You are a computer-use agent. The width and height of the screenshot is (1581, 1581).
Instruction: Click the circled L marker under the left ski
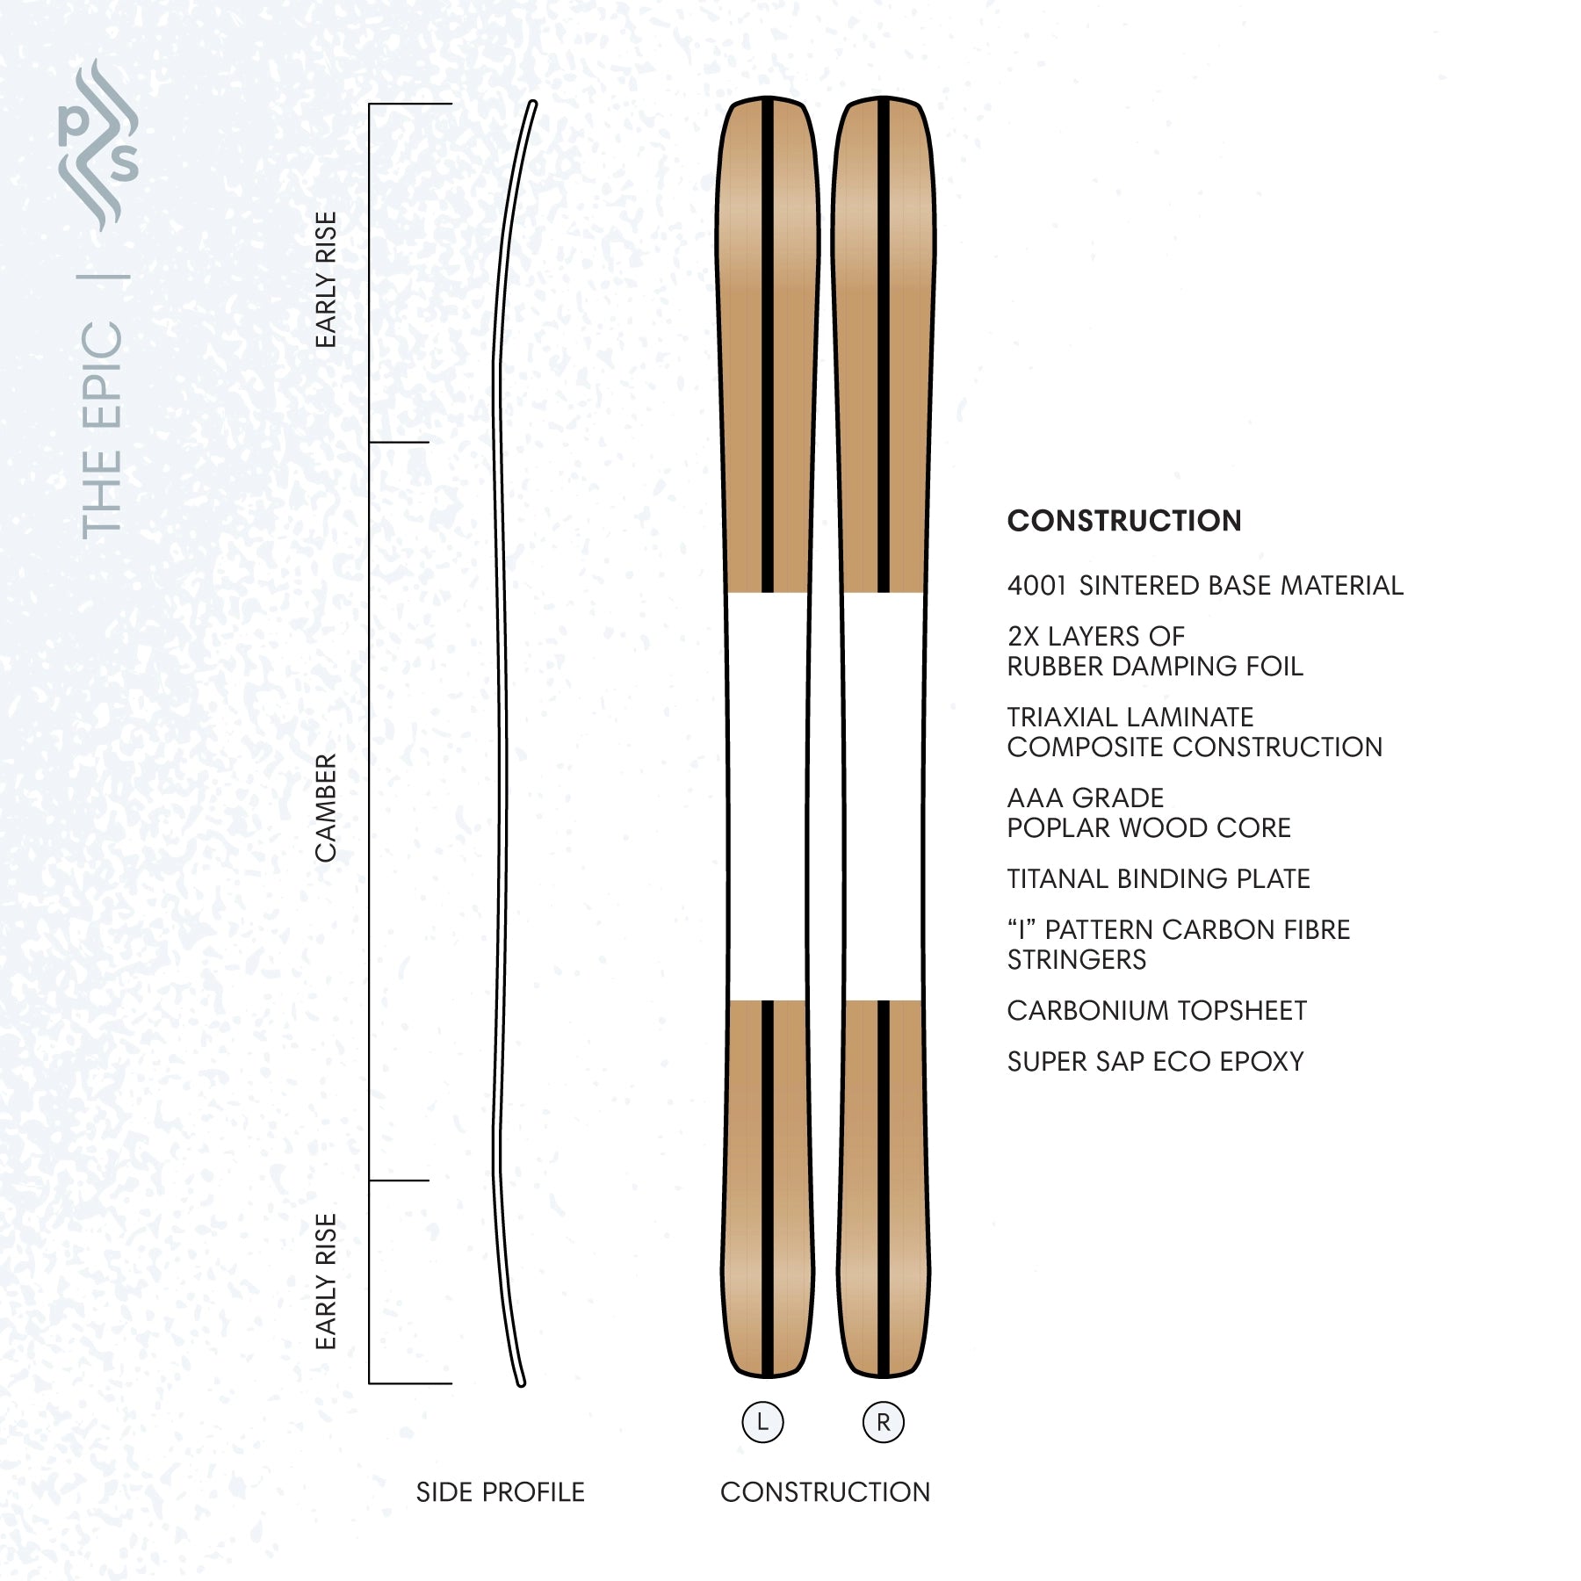pyautogui.click(x=762, y=1422)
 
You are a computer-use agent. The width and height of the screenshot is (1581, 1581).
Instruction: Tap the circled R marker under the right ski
pyautogui.click(x=884, y=1422)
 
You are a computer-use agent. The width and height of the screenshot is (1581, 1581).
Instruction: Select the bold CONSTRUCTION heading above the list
pyautogui.click(x=1124, y=521)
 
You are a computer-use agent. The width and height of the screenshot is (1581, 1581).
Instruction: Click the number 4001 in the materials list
pyautogui.click(x=1036, y=586)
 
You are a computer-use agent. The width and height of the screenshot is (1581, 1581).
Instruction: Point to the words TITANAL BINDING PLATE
pyautogui.click(x=1159, y=879)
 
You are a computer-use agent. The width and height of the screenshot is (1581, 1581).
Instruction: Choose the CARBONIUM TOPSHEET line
pyautogui.click(x=1157, y=1011)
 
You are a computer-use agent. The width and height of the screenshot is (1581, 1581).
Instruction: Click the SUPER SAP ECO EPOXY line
pyautogui.click(x=1155, y=1062)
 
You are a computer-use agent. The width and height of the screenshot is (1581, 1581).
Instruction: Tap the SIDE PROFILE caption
pyautogui.click(x=500, y=1492)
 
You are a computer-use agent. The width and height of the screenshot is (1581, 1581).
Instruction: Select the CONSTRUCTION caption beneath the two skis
pyautogui.click(x=825, y=1492)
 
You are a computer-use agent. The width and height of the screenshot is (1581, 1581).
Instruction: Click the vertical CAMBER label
pyautogui.click(x=326, y=808)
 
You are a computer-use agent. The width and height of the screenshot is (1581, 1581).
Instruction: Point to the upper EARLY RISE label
pyautogui.click(x=326, y=279)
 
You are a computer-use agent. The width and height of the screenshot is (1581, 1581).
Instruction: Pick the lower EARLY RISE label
pyautogui.click(x=326, y=1281)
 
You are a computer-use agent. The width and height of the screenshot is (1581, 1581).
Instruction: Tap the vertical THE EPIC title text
pyautogui.click(x=102, y=430)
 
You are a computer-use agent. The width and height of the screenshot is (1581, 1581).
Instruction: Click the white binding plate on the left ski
pyautogui.click(x=768, y=797)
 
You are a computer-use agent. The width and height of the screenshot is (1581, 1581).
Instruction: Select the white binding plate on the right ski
pyautogui.click(x=884, y=797)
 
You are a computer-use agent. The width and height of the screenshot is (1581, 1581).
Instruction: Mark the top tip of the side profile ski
pyautogui.click(x=532, y=104)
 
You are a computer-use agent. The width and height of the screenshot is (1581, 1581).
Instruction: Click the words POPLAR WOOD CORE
pyautogui.click(x=1149, y=828)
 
